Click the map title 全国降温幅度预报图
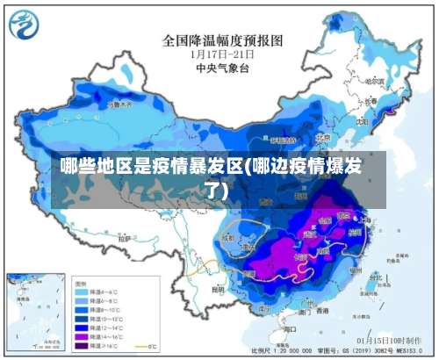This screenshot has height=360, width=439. click(x=222, y=40)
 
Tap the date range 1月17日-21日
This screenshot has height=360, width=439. click(x=218, y=53)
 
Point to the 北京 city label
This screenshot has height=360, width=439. click(x=322, y=136)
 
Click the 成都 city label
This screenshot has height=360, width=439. click(x=229, y=236)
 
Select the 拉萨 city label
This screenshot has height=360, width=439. click(x=126, y=237)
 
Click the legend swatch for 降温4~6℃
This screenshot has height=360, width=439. click(x=83, y=292)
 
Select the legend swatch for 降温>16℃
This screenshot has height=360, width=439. click(x=83, y=343)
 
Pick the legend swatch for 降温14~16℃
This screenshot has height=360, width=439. click(x=83, y=335)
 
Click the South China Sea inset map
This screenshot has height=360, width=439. click(x=36, y=311)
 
